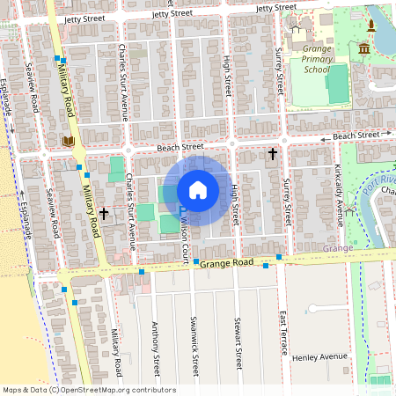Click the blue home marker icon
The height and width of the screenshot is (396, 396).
[198, 189]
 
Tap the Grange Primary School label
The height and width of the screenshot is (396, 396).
[317, 61]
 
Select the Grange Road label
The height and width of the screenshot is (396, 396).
[226, 263]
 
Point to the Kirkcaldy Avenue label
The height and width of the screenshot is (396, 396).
[337, 193]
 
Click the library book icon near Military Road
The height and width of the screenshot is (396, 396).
[68, 141]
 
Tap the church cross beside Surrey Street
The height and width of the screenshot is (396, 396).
[272, 155]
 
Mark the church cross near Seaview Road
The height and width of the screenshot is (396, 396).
[104, 213]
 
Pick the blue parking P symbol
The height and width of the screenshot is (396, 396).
[182, 210]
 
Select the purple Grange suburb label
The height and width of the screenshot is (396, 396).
[337, 249]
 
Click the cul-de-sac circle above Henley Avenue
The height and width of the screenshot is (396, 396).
[314, 309]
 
